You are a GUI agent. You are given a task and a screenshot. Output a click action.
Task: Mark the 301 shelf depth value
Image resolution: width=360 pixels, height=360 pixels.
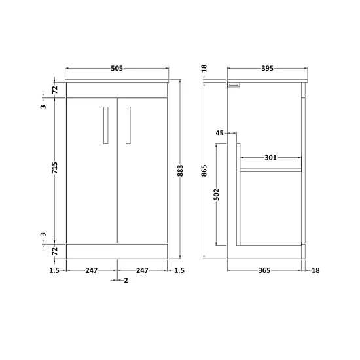pos(271,157)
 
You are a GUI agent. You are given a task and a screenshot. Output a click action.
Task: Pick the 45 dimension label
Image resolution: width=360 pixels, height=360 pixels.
pos(219,133)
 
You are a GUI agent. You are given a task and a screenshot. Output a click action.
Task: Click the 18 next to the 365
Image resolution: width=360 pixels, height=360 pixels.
pos(317,270)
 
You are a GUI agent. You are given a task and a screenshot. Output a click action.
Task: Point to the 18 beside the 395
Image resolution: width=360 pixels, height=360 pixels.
pos(204,68)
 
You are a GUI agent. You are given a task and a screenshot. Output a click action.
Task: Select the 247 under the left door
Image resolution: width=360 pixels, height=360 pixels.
pos(92,270)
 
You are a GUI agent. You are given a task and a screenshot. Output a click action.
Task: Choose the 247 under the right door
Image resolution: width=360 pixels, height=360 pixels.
pos(142,270)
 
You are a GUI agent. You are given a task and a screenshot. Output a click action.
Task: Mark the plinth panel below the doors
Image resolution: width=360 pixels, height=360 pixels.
pos(117,251)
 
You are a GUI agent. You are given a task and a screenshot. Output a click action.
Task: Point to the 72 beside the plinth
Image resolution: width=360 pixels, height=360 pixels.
pos(55,251)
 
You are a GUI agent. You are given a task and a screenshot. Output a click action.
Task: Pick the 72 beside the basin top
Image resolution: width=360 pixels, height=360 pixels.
pos(55,88)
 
